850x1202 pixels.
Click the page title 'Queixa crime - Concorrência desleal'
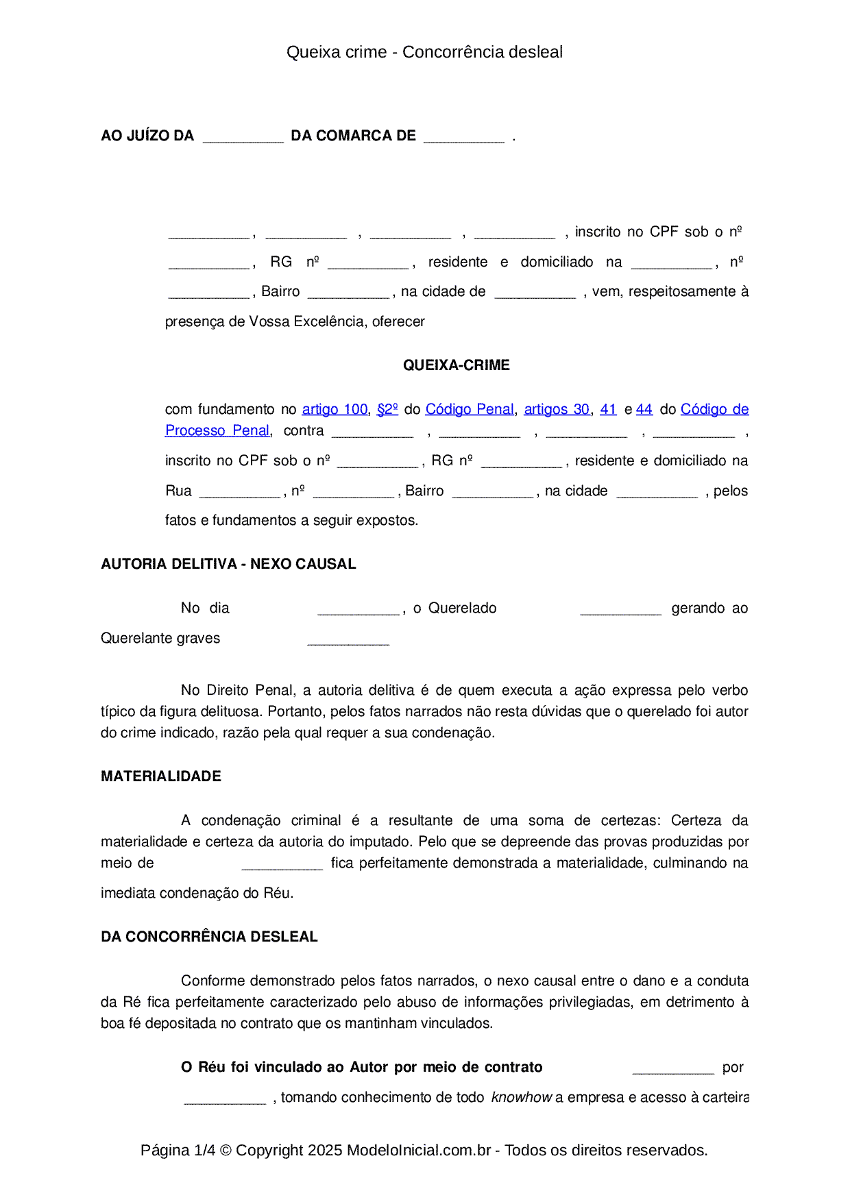click(424, 52)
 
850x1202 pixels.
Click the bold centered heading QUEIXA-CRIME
click(456, 365)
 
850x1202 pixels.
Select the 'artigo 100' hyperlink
click(335, 409)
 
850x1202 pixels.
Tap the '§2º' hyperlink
click(387, 409)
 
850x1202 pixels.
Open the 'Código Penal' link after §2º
click(469, 409)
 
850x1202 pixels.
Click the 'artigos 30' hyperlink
click(556, 409)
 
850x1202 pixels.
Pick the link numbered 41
click(608, 409)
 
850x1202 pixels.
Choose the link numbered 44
click(644, 409)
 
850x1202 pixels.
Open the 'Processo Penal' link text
click(217, 430)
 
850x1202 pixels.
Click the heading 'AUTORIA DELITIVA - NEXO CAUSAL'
click(228, 564)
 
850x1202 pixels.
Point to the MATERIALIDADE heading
click(161, 776)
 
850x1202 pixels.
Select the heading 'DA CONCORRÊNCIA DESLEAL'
click(209, 937)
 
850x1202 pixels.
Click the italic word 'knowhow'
click(521, 1097)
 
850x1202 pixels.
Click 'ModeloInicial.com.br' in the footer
click(418, 1150)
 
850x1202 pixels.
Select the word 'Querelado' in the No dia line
click(462, 608)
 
